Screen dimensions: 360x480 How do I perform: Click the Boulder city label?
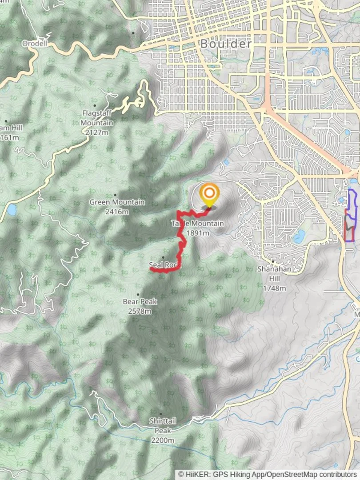(x=225, y=44)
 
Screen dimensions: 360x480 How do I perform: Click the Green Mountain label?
(x=117, y=202)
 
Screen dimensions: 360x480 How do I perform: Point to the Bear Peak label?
(x=140, y=301)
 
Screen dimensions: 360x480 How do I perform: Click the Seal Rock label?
(x=163, y=265)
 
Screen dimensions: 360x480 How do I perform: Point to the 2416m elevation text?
(x=117, y=212)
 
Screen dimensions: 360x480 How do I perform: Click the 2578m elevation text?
(x=140, y=311)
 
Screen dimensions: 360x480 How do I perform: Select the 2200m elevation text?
(x=163, y=440)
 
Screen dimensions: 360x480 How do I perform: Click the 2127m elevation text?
(x=97, y=132)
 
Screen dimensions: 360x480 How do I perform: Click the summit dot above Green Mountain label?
(x=116, y=195)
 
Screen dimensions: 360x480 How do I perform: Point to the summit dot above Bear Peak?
(x=138, y=294)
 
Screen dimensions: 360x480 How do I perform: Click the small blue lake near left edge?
(x=11, y=209)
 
